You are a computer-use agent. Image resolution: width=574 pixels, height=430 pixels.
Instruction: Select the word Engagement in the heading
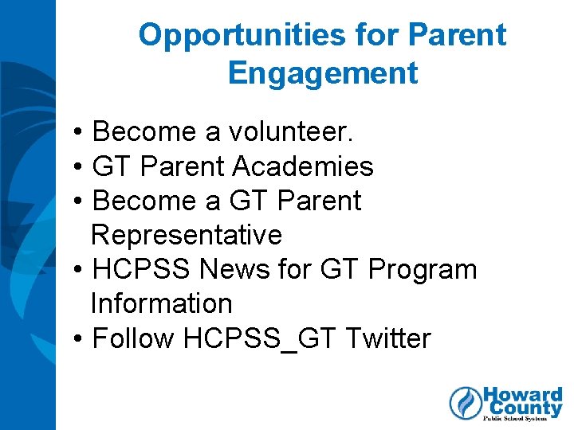pos(322,73)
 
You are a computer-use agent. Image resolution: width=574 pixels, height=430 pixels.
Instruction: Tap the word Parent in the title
pos(456,35)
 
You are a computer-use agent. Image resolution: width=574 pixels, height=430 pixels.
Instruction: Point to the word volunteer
pos(296,131)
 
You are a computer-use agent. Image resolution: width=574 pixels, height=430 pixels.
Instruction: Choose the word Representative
pos(187,235)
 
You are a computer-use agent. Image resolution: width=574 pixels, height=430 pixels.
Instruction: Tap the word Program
pos(422,269)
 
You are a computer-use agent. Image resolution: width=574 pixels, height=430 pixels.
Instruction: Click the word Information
pos(161,303)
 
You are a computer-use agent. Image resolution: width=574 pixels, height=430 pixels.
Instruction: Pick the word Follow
pos(133,338)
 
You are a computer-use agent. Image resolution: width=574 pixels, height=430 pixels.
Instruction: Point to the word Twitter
pos(388,338)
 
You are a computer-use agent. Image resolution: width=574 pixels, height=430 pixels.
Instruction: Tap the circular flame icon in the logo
pos(466,403)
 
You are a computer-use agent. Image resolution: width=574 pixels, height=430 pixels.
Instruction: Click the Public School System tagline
pos(522,420)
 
